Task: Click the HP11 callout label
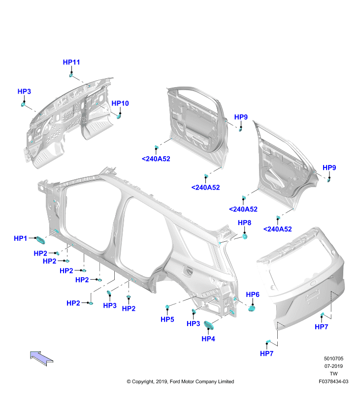point(71,62)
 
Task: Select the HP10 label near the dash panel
point(120,103)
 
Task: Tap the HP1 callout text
point(20,238)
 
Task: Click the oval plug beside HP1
point(40,240)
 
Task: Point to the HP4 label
point(208,339)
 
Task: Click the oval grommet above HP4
point(209,325)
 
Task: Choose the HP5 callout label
point(167,319)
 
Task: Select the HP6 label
point(253,295)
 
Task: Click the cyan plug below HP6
point(252,309)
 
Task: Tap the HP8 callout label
point(244,223)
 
